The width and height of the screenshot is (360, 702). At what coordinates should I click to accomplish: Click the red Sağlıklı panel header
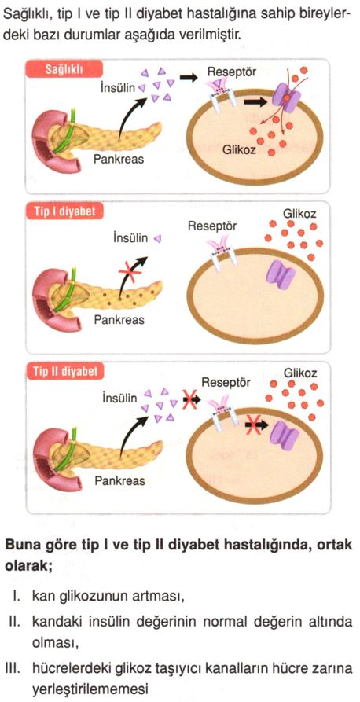pos(65,69)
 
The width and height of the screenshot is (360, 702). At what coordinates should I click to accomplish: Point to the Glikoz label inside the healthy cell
pos(239,149)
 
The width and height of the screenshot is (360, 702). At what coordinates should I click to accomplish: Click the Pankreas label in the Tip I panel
pos(119,320)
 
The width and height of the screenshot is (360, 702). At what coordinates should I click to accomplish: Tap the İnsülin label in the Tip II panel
pos(119,398)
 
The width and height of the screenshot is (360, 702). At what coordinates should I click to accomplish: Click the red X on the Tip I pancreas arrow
pos(130,271)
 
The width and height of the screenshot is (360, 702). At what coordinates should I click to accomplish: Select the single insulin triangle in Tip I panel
pos(157,239)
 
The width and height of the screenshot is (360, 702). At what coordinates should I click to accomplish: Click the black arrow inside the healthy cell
pos(255,102)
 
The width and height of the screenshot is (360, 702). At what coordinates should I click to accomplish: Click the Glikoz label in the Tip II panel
pos(300,373)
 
